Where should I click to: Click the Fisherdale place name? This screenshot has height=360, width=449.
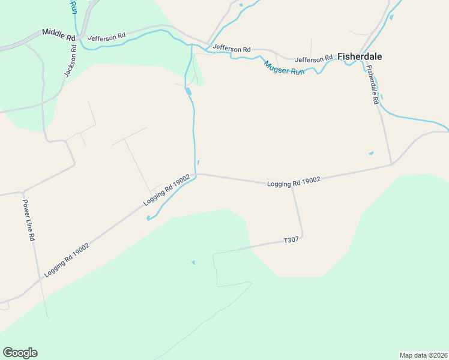360,56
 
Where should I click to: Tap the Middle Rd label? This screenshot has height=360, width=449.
58,34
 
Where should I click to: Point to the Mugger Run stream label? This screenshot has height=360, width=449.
284,67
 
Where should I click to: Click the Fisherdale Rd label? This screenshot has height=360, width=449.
373,86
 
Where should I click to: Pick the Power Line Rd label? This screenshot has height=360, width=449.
29,220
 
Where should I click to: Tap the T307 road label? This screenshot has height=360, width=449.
291,241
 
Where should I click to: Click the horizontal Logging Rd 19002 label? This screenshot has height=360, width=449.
294,181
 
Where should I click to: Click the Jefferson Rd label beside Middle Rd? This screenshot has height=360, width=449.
106,37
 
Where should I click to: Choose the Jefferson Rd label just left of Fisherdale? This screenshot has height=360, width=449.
313,59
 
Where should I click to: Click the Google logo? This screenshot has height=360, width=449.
20,353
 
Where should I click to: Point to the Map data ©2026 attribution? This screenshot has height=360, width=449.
423,355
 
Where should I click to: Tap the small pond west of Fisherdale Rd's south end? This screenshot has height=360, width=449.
371,153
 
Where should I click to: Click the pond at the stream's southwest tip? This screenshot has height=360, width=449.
148,218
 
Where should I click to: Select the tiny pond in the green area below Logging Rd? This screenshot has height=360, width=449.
193,262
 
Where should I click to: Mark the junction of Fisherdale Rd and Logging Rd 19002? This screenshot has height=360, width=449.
392,164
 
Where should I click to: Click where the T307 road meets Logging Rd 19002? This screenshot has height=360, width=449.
292,186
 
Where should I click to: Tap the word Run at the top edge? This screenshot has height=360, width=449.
73,7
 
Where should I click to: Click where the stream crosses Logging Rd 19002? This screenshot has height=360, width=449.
196,175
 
